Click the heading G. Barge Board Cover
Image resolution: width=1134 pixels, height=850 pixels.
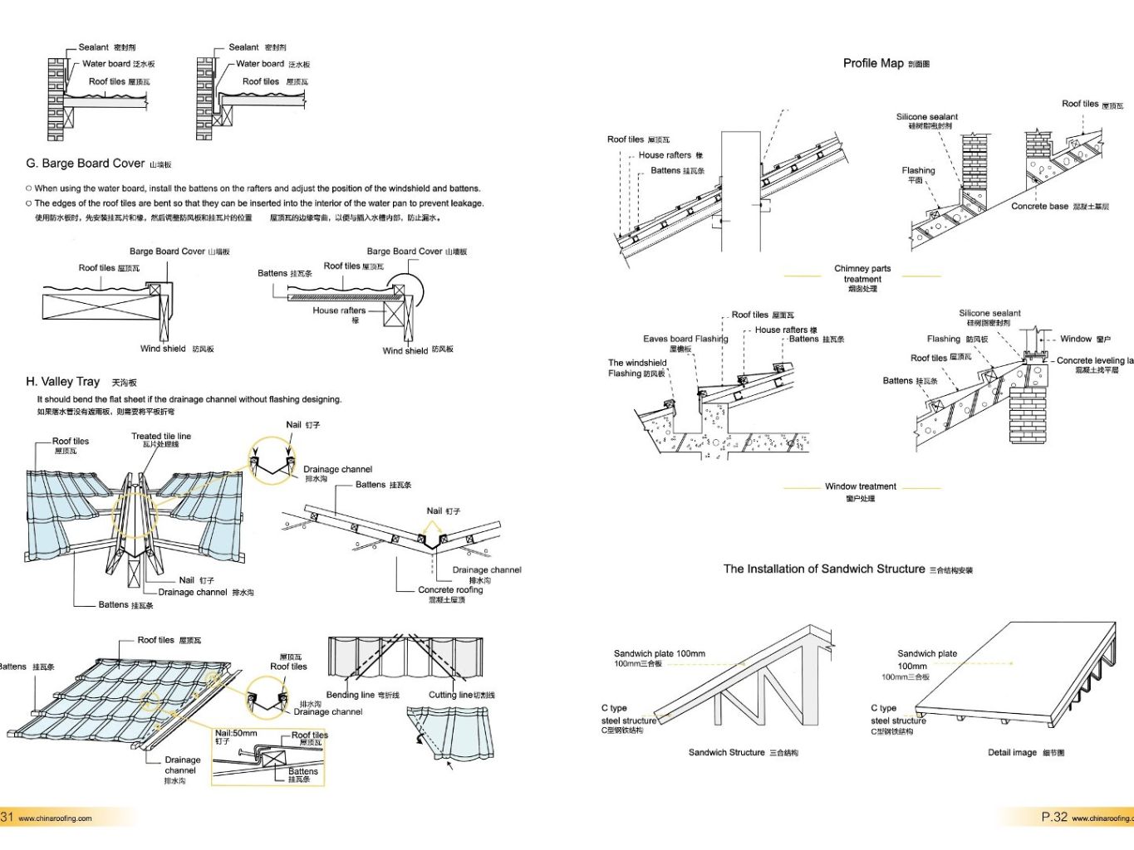pos(98,164)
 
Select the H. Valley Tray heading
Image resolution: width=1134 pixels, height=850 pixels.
pos(81,382)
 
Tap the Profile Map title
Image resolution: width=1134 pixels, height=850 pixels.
pos(886,63)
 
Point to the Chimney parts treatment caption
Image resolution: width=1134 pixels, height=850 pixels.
pos(862,278)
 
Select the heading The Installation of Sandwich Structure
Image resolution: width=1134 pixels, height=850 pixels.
pos(847,569)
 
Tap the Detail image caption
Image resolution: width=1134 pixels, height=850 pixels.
pos(1025,753)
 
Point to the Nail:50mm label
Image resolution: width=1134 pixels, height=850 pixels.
pos(236,734)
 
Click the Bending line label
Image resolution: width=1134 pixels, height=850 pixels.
pos(362,695)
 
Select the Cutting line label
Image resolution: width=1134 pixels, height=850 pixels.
pos(461,695)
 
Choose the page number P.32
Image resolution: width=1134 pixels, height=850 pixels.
pos(1054,818)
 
